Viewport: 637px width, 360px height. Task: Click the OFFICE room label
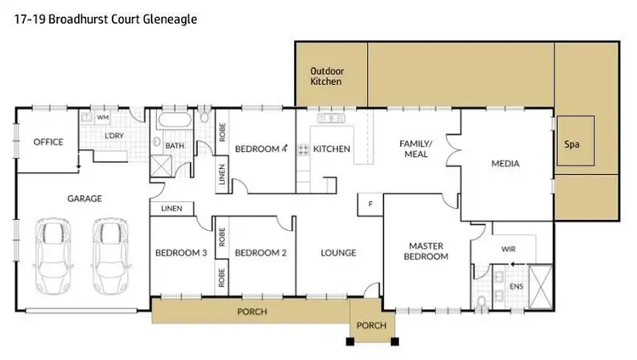(48, 142)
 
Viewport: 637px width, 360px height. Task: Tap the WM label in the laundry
(103, 117)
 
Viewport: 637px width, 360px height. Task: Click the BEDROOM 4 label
(261, 149)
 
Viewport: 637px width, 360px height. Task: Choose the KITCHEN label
(331, 149)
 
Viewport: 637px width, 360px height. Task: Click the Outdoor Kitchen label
(326, 76)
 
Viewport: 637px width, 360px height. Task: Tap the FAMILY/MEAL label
(416, 149)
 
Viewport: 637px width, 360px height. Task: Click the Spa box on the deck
(572, 143)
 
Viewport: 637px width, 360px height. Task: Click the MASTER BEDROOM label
(425, 251)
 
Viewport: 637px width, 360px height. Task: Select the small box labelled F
(370, 204)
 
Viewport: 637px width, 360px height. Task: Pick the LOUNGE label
(338, 252)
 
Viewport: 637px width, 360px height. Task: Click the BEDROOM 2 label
(260, 252)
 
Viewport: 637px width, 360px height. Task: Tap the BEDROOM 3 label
(180, 252)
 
